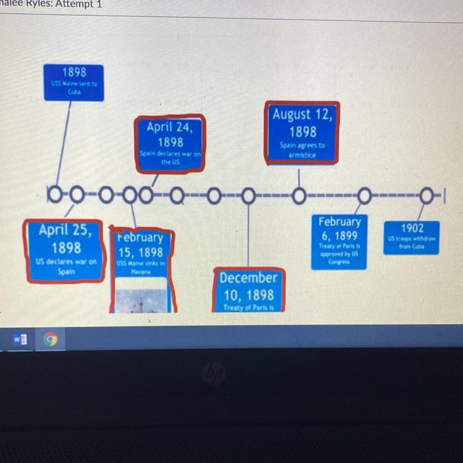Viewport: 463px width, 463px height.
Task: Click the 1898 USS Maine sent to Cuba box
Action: pos(74,82)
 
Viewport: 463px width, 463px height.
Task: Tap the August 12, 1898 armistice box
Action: pos(302,133)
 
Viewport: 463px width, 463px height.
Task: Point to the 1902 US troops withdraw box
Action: pos(412,238)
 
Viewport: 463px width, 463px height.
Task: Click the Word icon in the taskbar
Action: pos(20,339)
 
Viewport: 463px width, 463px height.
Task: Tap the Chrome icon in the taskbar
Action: pos(50,339)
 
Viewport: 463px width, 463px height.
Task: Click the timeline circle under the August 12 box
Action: pos(299,196)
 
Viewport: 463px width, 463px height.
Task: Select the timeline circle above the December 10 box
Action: pos(249,196)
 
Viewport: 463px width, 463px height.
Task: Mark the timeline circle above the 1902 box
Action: pos(427,196)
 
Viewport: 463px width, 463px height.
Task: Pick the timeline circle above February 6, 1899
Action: pos(365,196)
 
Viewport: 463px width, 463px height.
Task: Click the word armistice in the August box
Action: pos(302,155)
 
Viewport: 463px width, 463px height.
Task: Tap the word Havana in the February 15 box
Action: pos(138,272)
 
